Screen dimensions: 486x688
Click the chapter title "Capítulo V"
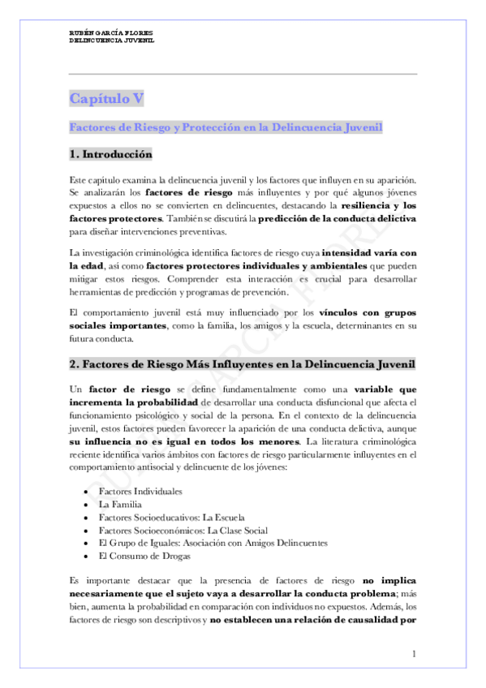pyautogui.click(x=106, y=99)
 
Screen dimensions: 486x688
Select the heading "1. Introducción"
pyautogui.click(x=110, y=154)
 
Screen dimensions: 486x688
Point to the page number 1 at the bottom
pyautogui.click(x=414, y=654)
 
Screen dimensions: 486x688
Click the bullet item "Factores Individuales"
pyautogui.click(x=140, y=492)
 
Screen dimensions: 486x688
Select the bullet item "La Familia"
pyautogui.click(x=119, y=505)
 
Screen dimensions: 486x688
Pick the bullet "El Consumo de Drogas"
pyautogui.click(x=144, y=556)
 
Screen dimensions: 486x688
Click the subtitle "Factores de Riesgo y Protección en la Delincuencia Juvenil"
pyautogui.click(x=226, y=127)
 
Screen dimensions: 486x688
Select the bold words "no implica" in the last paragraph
pyautogui.click(x=389, y=581)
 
